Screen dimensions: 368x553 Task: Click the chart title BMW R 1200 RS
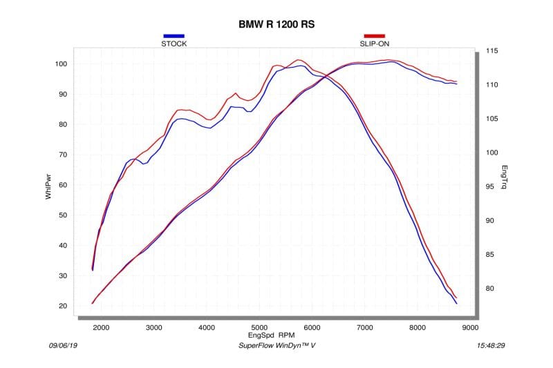(276, 24)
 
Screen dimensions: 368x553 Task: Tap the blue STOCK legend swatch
(174, 36)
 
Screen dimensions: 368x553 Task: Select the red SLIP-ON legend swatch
(375, 36)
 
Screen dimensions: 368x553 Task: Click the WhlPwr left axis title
(49, 186)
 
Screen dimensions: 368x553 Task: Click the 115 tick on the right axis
(492, 51)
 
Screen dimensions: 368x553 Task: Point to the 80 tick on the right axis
(490, 289)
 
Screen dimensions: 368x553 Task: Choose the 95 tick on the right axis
(490, 186)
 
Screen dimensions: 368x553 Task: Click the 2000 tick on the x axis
(101, 328)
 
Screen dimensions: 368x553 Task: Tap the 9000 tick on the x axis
(471, 328)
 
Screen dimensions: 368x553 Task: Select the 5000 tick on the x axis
(259, 328)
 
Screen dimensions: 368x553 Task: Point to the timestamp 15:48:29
(491, 345)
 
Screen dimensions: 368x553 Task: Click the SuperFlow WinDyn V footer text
(276, 345)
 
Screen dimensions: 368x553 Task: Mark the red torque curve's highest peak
(299, 59)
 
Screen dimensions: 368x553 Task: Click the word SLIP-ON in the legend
(375, 44)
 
